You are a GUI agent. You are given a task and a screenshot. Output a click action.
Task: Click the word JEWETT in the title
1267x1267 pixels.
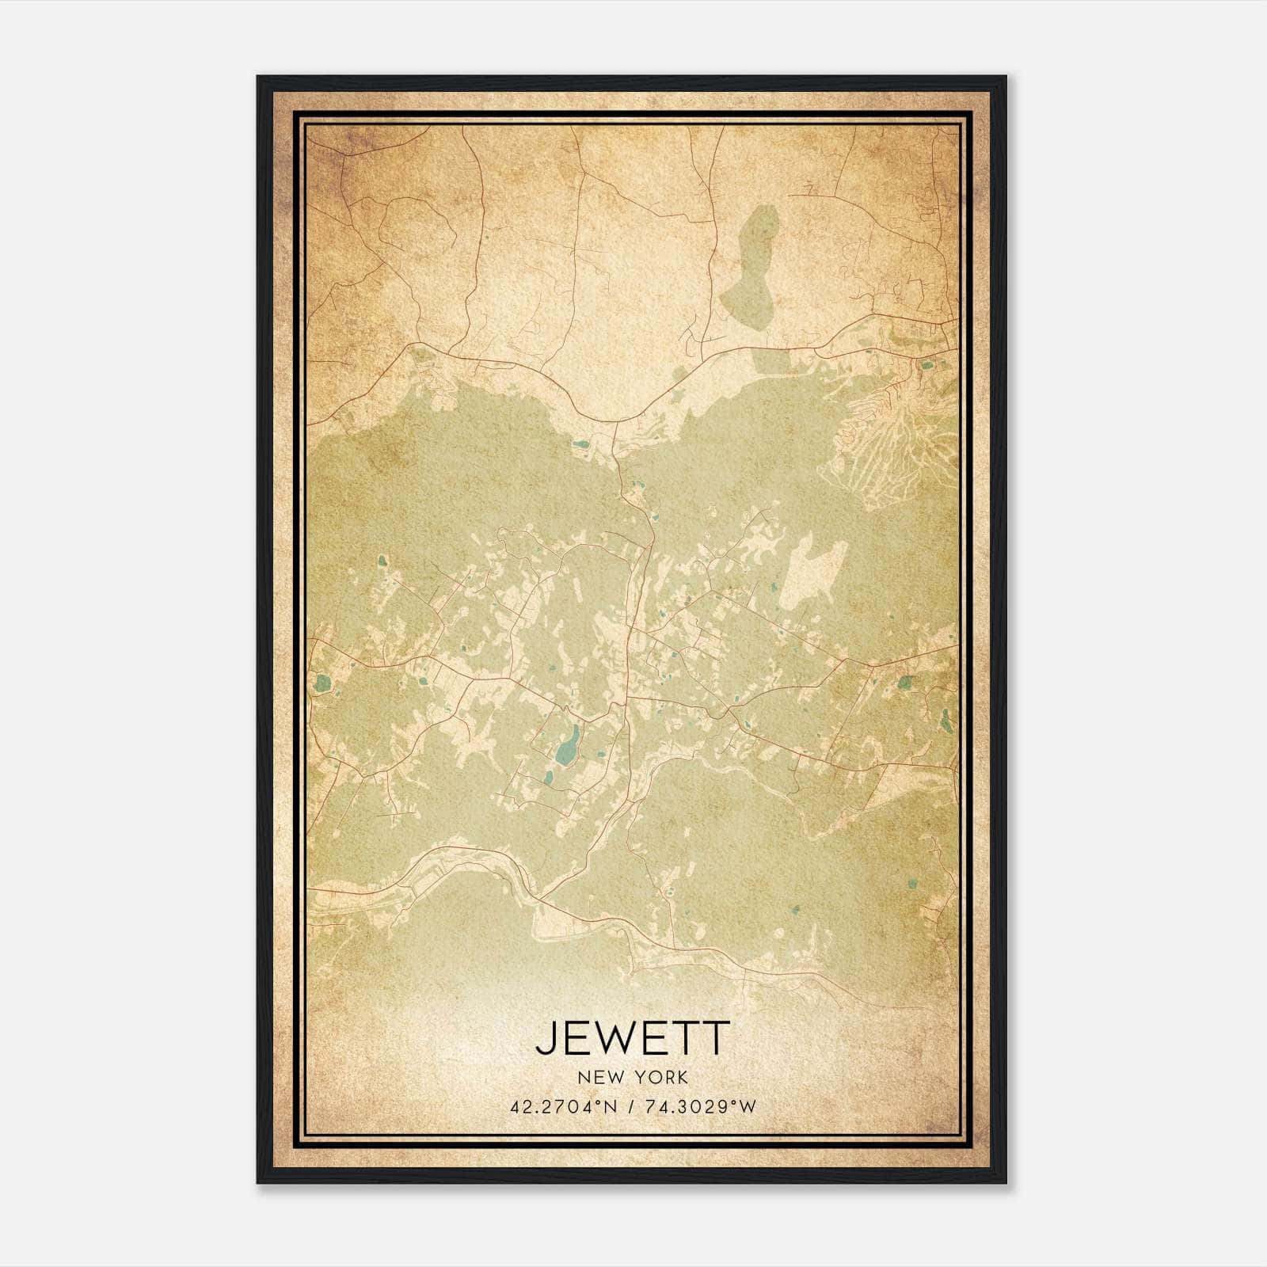[x=631, y=1038]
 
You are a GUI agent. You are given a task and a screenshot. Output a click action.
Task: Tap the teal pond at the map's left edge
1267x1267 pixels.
[x=322, y=681]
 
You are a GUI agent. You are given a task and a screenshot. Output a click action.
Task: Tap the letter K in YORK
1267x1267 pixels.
[x=681, y=1078]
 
